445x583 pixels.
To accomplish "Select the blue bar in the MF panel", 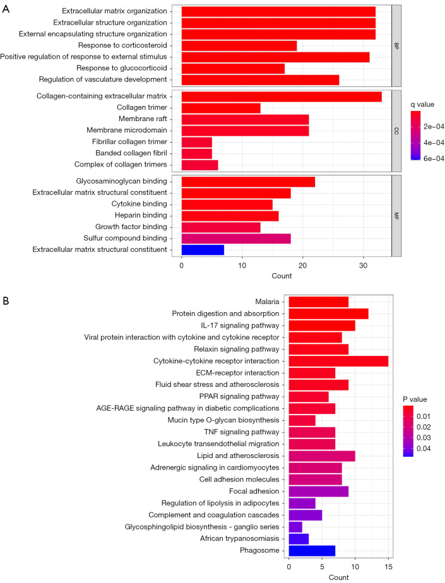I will pyautogui.click(x=202, y=250).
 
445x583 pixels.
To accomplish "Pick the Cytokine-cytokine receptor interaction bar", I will pyautogui.click(x=338, y=361).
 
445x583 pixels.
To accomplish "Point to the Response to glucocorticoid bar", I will pyautogui.click(x=232, y=68).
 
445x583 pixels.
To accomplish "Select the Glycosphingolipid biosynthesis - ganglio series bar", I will pyautogui.click(x=295, y=526).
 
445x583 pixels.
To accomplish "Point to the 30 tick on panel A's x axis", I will pyautogui.click(x=363, y=265).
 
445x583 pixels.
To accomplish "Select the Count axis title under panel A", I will pyautogui.click(x=287, y=276).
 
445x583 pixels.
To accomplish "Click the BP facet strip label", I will pyautogui.click(x=397, y=45).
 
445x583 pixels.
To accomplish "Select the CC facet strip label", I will pyautogui.click(x=397, y=131).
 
